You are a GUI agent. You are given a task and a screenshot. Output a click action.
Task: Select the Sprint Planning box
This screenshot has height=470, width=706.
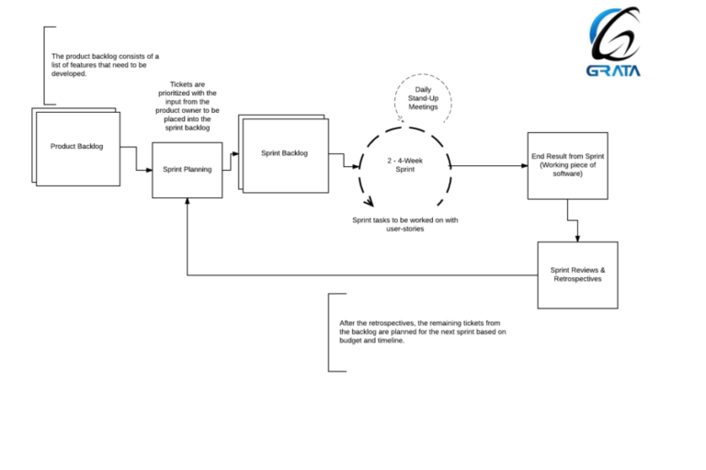tap(187, 170)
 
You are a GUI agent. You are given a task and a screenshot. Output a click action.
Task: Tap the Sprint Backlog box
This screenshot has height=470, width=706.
tap(282, 152)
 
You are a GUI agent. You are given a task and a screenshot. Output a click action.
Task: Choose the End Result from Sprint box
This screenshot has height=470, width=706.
tap(567, 165)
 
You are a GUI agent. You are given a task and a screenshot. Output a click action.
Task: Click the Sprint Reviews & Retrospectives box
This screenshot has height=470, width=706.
tap(577, 274)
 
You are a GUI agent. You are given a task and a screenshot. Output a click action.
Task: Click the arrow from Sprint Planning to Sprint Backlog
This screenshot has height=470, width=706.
tap(230, 155)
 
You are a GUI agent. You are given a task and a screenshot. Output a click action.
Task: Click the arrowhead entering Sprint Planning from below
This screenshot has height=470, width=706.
tap(187, 202)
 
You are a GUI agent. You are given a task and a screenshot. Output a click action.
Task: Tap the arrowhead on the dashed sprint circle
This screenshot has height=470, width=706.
tap(370, 204)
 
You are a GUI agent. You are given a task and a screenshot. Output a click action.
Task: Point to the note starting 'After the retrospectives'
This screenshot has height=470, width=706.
tap(422, 331)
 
